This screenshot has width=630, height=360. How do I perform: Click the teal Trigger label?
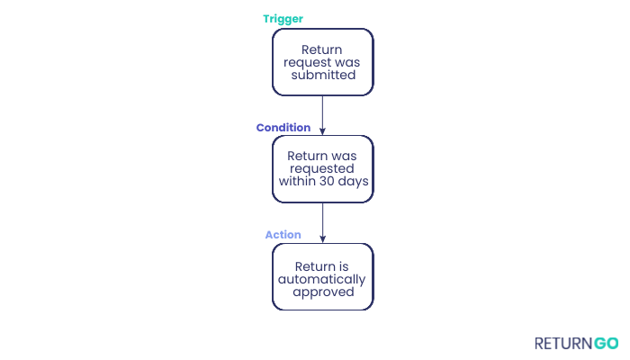coord(283,19)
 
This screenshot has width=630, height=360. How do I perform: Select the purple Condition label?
coord(283,128)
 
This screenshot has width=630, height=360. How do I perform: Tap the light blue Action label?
coord(283,235)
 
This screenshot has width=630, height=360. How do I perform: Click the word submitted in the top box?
coord(322,76)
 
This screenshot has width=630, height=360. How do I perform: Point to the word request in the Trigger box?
coord(306,62)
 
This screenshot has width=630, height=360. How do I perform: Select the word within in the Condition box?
coord(300,182)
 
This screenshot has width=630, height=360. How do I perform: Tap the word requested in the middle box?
coord(322,169)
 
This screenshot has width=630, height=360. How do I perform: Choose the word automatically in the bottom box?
coord(322,279)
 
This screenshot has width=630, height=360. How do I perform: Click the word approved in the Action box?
coord(322,292)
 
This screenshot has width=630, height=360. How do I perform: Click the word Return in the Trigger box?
coord(322,49)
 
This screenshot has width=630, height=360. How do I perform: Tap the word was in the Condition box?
coord(344,157)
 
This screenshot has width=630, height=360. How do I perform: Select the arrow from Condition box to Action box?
coord(322,220)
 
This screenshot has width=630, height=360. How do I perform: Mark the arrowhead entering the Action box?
coord(322,238)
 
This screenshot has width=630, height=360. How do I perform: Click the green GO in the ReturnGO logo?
coord(606,343)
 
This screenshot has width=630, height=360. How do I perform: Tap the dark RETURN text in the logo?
coord(562,343)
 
